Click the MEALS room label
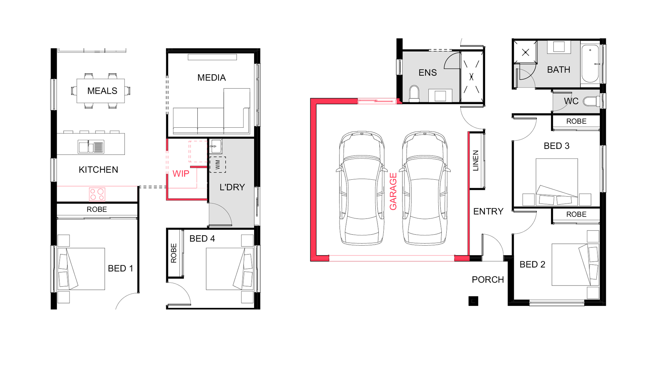point(102,91)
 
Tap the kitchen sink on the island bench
point(91,147)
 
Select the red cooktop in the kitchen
point(97,194)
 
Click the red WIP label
point(181,174)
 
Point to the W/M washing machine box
point(218,165)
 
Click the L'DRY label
point(232,187)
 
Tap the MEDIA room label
point(212,78)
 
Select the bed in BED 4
point(230,269)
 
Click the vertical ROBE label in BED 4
point(174,253)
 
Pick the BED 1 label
point(121,268)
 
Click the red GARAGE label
point(393,191)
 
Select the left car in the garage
point(362,188)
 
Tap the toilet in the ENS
point(414,94)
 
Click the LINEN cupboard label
point(476,161)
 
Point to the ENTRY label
point(488,212)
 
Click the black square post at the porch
point(473,301)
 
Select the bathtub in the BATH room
point(590,64)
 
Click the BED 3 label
point(557,146)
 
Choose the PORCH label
point(488,280)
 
